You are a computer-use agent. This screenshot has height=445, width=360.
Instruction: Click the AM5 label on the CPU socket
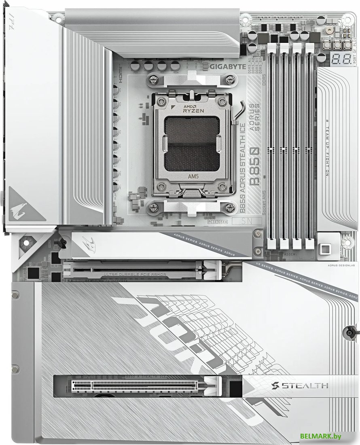193,176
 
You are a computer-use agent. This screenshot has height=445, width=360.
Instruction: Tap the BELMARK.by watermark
321,436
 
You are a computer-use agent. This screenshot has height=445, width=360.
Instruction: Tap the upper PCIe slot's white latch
211,270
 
